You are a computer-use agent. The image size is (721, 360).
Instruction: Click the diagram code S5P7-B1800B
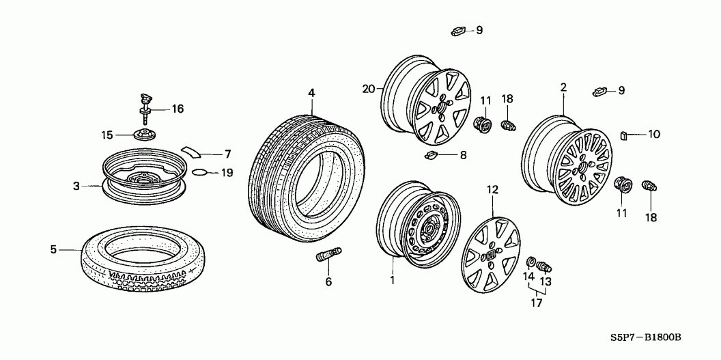(646, 337)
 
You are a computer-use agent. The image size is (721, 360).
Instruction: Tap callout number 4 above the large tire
(312, 94)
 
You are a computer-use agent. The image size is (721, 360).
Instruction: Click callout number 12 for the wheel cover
(492, 189)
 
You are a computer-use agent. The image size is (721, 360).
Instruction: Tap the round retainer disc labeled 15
(144, 135)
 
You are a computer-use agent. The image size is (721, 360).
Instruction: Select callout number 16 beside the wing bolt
(178, 109)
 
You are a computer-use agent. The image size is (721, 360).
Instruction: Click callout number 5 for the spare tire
(53, 249)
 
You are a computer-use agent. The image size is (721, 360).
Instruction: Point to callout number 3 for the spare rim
(76, 186)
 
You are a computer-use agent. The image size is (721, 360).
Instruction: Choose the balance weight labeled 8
(432, 155)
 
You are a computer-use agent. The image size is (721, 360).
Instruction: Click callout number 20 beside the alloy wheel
(369, 89)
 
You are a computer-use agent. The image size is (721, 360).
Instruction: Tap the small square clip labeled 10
(625, 135)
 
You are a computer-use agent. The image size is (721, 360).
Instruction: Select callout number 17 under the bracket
(537, 303)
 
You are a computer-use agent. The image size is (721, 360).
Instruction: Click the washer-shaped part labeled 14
(531, 262)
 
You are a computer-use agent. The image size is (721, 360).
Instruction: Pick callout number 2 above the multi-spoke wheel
(563, 87)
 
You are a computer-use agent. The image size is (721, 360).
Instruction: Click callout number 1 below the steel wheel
(392, 280)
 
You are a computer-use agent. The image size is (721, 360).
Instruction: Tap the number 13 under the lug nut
(545, 281)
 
